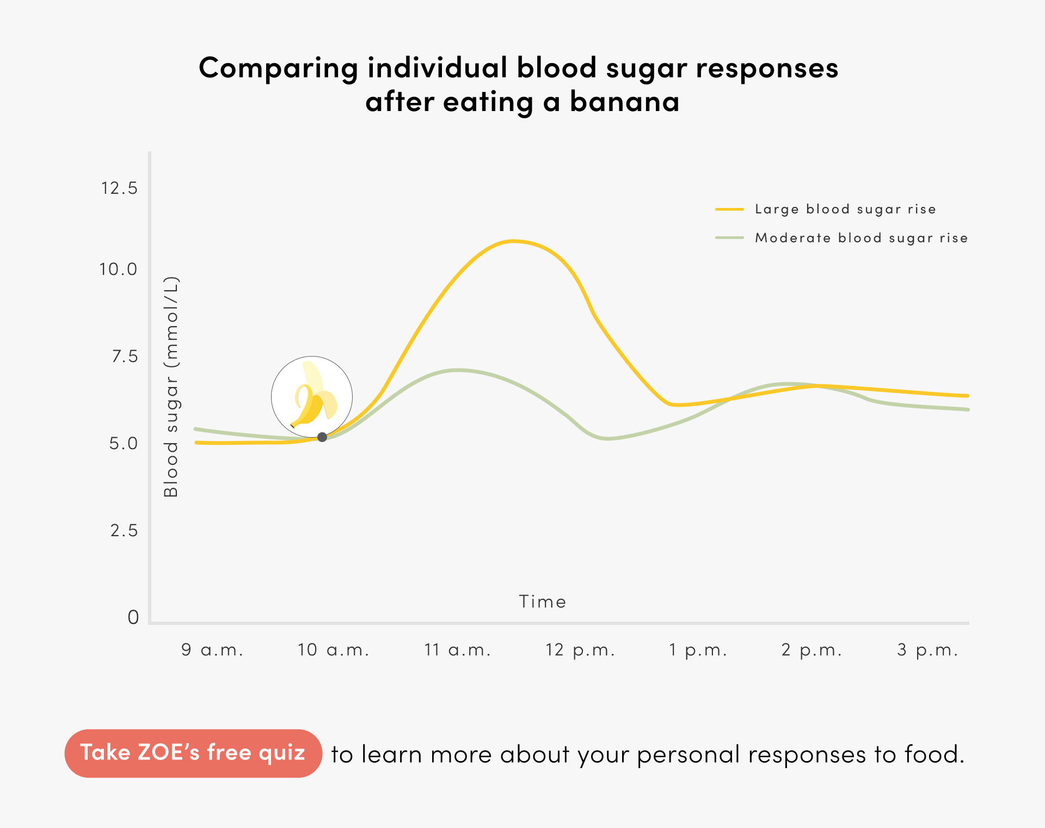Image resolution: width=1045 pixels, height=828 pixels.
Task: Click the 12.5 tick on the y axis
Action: click(119, 188)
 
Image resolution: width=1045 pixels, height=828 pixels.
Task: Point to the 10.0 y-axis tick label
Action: click(118, 269)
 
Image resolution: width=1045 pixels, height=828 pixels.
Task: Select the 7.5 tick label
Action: click(125, 357)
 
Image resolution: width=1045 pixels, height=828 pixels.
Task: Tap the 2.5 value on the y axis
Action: click(124, 531)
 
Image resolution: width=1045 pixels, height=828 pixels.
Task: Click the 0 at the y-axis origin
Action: click(133, 617)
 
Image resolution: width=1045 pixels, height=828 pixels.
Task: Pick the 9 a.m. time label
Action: click(212, 650)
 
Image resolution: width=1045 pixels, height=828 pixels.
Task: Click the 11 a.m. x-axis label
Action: click(458, 650)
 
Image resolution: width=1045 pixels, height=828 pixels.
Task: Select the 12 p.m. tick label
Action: click(580, 650)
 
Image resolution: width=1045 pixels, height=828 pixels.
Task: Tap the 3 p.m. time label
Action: click(927, 650)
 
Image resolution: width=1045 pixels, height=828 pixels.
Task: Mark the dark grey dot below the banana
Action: click(322, 437)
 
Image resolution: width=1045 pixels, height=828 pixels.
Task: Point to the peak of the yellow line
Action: click(512, 241)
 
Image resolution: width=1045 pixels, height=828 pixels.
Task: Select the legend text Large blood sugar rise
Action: click(845, 209)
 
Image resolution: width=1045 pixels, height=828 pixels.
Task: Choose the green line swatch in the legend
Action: click(729, 238)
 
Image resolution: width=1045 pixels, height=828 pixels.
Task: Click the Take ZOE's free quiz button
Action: click(193, 753)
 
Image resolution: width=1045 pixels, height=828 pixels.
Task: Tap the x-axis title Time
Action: click(543, 602)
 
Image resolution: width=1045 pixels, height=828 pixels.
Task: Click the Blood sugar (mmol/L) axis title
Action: click(171, 387)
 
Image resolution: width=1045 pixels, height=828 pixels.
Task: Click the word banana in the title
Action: click(624, 102)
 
